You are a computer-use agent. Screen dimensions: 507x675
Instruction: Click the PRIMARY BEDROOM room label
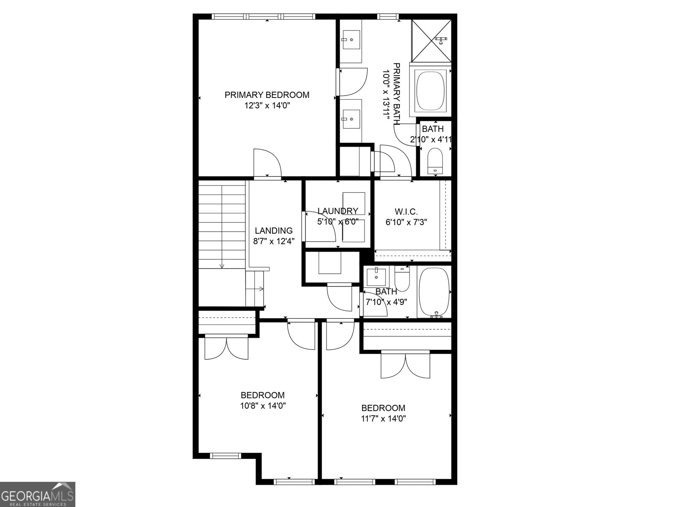[x=267, y=95]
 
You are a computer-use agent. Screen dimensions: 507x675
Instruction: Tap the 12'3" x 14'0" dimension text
[x=267, y=106]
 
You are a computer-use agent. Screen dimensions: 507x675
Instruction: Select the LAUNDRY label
[x=337, y=211]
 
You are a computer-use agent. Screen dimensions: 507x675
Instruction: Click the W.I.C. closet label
[x=406, y=211]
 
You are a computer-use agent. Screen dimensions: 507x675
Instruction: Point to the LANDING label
[x=273, y=231]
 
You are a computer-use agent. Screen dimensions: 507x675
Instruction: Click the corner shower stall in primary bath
[x=431, y=41]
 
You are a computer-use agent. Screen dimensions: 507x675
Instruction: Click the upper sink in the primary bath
[x=351, y=39]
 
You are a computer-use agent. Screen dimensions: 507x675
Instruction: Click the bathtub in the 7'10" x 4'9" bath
[x=435, y=292]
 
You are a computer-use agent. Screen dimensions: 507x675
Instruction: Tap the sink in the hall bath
[x=375, y=277]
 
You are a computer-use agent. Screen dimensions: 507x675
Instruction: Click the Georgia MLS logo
[x=38, y=494]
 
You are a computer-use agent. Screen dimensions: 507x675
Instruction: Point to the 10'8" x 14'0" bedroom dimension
[x=263, y=406]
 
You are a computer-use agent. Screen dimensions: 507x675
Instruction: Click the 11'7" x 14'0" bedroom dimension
[x=383, y=419]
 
